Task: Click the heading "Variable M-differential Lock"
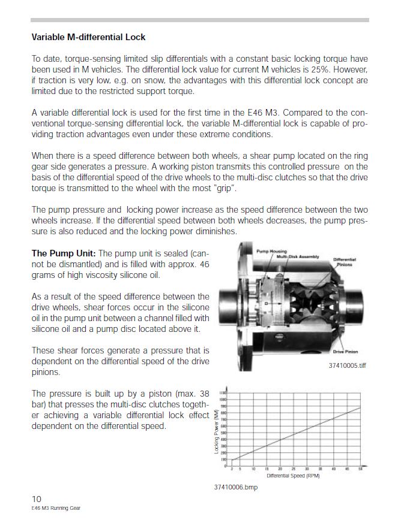click(x=88, y=37)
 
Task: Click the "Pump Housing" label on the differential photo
click(x=271, y=252)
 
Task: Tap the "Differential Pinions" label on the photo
click(x=345, y=262)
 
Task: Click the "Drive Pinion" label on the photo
click(x=344, y=352)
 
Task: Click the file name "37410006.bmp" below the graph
click(x=235, y=487)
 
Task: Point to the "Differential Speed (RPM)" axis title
click(x=293, y=476)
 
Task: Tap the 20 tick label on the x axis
click(x=280, y=469)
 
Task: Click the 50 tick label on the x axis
click(x=360, y=469)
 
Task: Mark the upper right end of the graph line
click(x=360, y=408)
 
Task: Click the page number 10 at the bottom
click(x=37, y=499)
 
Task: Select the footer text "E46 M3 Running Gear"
click(x=56, y=508)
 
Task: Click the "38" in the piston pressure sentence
click(x=204, y=394)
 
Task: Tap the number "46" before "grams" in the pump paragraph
click(x=204, y=264)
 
